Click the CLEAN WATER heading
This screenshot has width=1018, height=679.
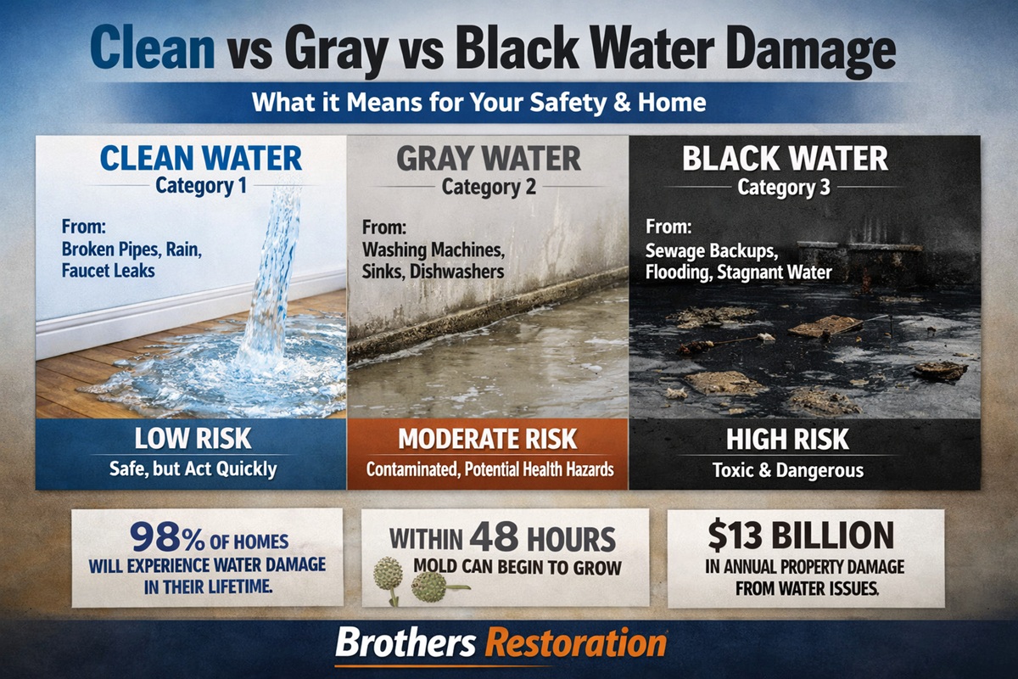point(200,158)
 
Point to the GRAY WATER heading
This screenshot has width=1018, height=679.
point(489,159)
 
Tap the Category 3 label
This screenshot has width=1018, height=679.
point(784,188)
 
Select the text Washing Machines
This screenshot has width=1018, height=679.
point(433,251)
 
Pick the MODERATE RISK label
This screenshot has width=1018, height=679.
point(488,440)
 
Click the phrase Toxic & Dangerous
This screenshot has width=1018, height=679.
point(786,469)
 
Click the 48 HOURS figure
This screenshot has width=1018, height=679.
point(543,538)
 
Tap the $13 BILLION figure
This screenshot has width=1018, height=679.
point(801,536)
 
